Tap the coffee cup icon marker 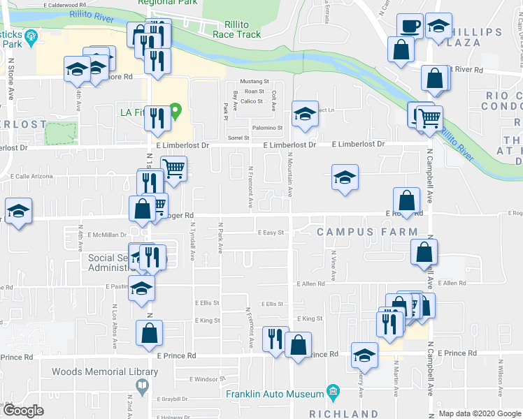(410, 27)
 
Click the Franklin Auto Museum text (274, 393)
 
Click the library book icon (142, 385)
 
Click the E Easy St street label (270, 233)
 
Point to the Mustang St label (250, 82)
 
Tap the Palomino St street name (269, 128)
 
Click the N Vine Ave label (334, 265)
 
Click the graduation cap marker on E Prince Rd (364, 355)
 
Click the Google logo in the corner (23, 411)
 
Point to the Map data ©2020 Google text (480, 414)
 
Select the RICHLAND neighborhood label (344, 413)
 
